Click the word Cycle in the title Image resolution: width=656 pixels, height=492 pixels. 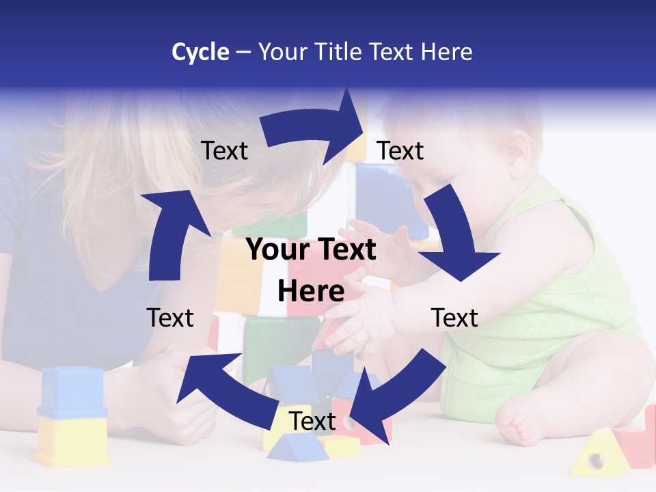(200, 52)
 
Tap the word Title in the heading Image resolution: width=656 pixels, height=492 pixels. (339, 52)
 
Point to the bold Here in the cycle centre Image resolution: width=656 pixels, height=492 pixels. (311, 291)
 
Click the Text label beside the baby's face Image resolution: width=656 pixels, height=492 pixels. (400, 150)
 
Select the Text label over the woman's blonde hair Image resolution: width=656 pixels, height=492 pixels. (224, 150)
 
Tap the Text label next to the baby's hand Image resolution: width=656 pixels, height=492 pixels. (454, 318)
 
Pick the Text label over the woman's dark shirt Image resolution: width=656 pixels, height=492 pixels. (170, 318)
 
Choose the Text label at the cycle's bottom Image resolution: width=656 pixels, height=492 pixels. (312, 421)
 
